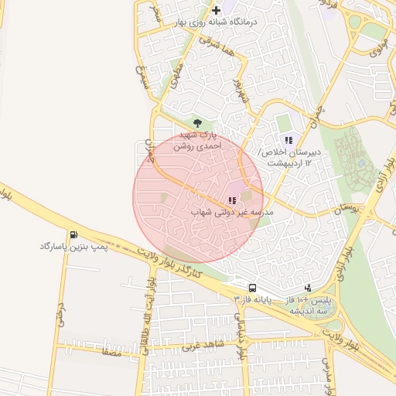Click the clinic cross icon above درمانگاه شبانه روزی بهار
[x=216, y=11]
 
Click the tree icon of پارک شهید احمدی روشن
[x=197, y=122]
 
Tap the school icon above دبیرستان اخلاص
[x=288, y=141]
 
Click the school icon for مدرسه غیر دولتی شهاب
[x=232, y=200]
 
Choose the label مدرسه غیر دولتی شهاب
[x=231, y=211]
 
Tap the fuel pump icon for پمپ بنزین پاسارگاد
[x=73, y=235]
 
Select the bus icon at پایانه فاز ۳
[x=253, y=287]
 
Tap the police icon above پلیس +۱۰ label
[x=309, y=288]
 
